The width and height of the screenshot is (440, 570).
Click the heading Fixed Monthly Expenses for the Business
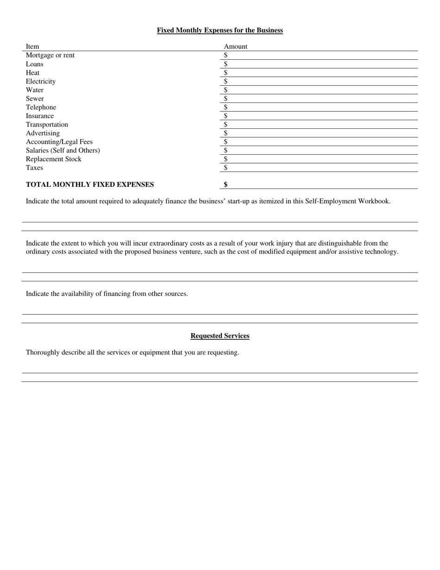[x=220, y=30]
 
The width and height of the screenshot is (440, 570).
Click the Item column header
[x=32, y=46]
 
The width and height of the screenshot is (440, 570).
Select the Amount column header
[x=235, y=46]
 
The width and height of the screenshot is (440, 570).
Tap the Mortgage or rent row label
[x=50, y=55]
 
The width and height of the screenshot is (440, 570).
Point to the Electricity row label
[x=41, y=81]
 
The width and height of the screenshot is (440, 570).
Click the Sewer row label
[x=35, y=98]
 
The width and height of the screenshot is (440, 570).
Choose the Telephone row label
[x=41, y=107]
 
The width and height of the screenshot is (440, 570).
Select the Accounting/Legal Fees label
[x=59, y=142]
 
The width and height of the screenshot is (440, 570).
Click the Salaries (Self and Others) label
[x=63, y=150]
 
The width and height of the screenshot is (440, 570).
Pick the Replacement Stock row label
[x=53, y=159]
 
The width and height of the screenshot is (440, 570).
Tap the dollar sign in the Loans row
[x=226, y=64]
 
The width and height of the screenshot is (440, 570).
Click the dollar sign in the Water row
[x=226, y=90]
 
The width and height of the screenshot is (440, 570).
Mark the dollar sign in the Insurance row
[x=226, y=116]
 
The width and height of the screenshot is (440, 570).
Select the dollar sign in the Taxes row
[x=226, y=168]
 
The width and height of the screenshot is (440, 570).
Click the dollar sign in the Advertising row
[x=226, y=133]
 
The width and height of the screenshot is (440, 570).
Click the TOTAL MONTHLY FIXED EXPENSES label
[x=90, y=184]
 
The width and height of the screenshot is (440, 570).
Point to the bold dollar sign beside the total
[x=226, y=184]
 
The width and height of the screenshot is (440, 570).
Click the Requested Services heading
[x=220, y=336]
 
